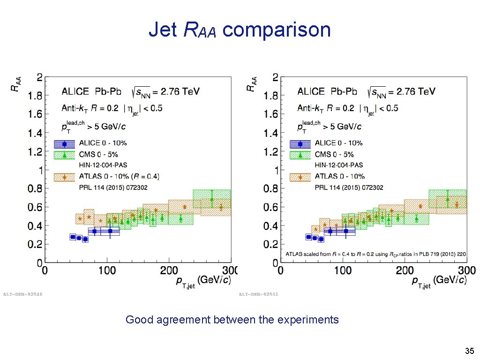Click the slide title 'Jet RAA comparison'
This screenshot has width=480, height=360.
(x=240, y=30)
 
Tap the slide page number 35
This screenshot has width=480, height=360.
(x=469, y=351)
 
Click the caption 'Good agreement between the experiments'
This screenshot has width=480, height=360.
(x=232, y=320)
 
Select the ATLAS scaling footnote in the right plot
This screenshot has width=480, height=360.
(x=376, y=254)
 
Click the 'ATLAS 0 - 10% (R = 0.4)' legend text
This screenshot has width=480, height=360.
(x=119, y=176)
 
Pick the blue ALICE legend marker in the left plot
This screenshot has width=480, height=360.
(x=64, y=143)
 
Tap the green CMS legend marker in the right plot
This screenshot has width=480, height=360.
(x=300, y=155)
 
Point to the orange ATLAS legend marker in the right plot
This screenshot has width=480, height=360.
(x=300, y=177)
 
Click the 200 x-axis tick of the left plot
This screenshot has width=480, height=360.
(x=169, y=270)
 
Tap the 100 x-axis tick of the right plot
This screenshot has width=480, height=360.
(x=343, y=270)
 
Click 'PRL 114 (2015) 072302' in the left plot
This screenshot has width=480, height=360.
(x=113, y=187)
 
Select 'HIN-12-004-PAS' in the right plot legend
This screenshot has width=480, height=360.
(x=338, y=165)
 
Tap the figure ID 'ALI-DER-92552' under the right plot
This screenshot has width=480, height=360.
(x=258, y=294)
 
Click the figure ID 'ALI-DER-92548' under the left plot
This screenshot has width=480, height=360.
(x=22, y=294)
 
